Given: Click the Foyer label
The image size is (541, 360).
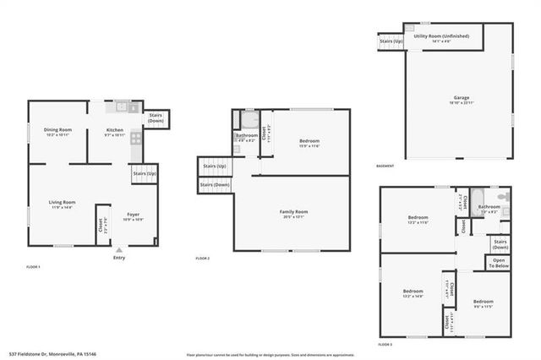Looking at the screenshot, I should coord(134,215).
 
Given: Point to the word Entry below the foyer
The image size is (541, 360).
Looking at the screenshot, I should coord(118,259).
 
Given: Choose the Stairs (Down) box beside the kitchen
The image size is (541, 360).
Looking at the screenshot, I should coord(156,118).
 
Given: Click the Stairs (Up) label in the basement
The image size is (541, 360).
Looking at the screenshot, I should coord(391,41).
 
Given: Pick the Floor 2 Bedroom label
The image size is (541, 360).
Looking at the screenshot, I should coord(309,142).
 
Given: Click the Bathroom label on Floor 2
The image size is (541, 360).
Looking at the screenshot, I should coord(247,137).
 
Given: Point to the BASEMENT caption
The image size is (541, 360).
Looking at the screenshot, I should coord(385,166).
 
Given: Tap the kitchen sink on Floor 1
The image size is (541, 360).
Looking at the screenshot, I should coord(122,107).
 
